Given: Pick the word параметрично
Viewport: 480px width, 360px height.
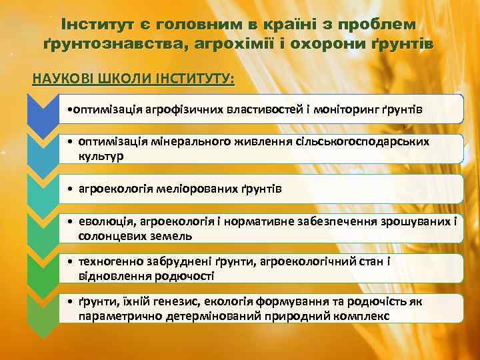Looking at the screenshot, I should click(119, 315).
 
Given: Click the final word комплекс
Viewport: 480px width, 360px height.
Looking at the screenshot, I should click(360, 315).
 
